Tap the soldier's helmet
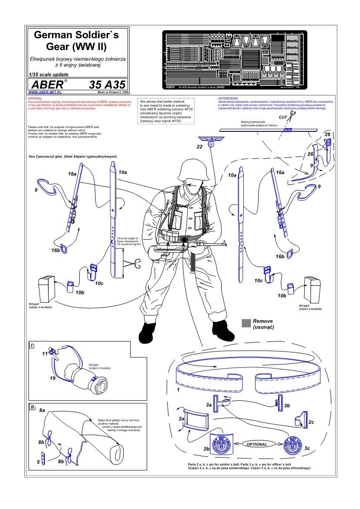click(189, 170)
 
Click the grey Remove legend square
click(246, 322)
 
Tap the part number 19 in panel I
click(52, 378)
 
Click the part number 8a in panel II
click(42, 410)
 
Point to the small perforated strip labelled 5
click(44, 460)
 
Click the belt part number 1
click(178, 390)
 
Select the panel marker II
click(32, 407)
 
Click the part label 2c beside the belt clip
click(311, 422)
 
